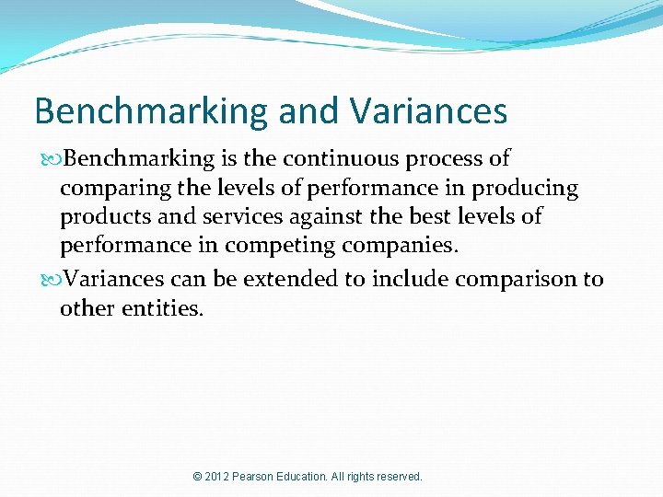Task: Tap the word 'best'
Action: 429,218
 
